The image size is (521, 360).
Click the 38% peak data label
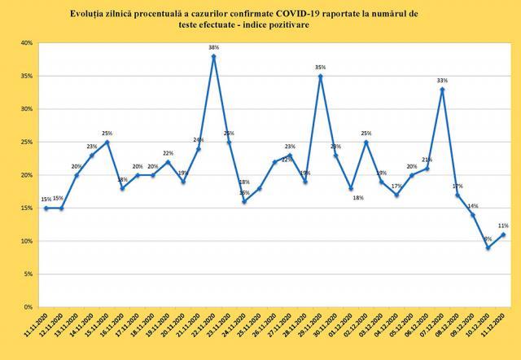pos(213,48)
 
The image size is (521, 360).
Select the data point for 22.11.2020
pos(213,56)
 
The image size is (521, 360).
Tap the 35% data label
pos(320,68)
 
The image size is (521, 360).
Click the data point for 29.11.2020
pos(321,76)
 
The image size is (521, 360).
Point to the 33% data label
pos(442,81)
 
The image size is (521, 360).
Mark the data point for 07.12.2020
pos(442,89)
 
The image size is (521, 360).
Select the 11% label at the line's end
pos(503,226)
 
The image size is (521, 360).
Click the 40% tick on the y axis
pos(26,42)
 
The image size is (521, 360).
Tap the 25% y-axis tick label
pos(26,142)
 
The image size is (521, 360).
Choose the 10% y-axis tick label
pos(26,241)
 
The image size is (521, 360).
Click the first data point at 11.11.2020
pos(46,208)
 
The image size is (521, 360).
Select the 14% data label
pos(472,206)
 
